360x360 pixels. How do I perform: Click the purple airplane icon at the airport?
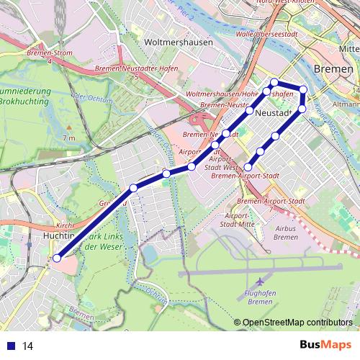pyautogui.click(x=259, y=279)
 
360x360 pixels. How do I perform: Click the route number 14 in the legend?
pyautogui.click(x=29, y=346)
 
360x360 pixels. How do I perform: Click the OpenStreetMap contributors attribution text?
pyautogui.click(x=297, y=323)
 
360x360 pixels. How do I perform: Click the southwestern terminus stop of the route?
pyautogui.click(x=57, y=258)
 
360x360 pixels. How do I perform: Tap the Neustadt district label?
pyautogui.click(x=272, y=114)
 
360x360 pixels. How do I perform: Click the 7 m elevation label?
pyautogui.click(x=68, y=138)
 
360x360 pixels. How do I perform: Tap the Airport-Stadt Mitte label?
pyautogui.click(x=240, y=220)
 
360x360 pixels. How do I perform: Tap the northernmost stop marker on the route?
pyautogui.click(x=274, y=81)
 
